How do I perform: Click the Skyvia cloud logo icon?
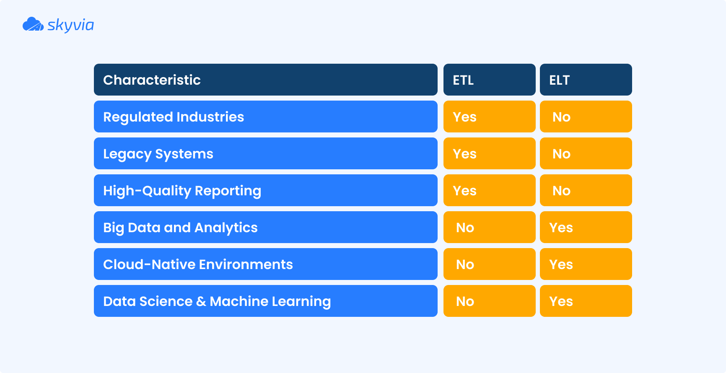point(33,24)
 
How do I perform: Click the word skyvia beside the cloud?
point(70,25)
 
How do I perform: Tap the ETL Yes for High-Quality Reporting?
point(465,191)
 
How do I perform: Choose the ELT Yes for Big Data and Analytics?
point(561,228)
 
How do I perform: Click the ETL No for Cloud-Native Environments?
point(465,264)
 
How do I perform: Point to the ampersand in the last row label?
point(201,301)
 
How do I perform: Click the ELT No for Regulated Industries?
point(561,117)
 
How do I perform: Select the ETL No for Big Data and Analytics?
point(465,228)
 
